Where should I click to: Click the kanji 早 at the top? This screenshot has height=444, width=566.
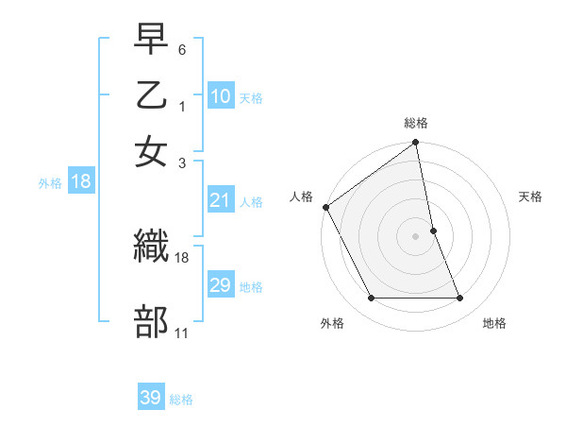click(151, 40)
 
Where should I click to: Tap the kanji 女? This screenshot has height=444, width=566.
click(151, 150)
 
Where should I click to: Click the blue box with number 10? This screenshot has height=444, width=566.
click(221, 96)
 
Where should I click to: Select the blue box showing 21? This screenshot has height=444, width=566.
click(221, 200)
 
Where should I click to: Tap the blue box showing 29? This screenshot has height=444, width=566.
click(221, 285)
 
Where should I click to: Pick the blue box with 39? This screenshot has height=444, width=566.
click(151, 398)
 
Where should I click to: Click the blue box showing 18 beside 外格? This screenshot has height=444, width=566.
click(81, 182)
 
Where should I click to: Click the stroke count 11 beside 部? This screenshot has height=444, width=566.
click(182, 333)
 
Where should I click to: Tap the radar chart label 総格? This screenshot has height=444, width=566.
click(416, 123)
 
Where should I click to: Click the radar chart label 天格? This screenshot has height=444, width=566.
click(530, 196)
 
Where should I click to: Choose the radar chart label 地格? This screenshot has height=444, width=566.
click(494, 323)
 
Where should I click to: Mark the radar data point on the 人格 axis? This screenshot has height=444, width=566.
click(326, 207)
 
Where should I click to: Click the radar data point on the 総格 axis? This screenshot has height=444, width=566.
click(416, 144)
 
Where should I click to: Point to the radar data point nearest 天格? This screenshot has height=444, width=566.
click(434, 231)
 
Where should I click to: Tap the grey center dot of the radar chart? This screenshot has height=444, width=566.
click(416, 236)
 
